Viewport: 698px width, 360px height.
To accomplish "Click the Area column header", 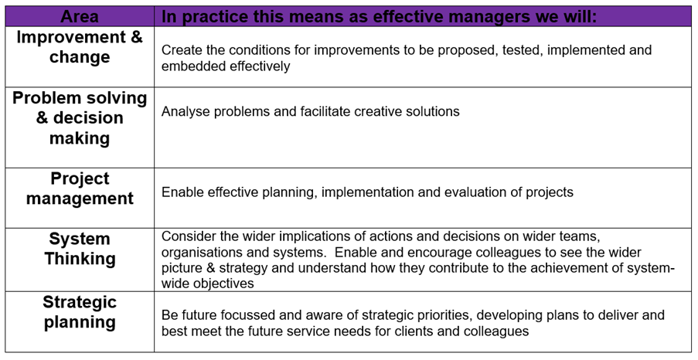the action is (x=80, y=16).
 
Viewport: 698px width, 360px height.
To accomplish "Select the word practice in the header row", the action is (x=215, y=17).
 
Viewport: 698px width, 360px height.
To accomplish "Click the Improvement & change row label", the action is (x=80, y=46).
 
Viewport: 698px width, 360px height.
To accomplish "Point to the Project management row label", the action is (x=80, y=188).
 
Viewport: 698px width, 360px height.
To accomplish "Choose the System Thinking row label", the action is (x=80, y=248).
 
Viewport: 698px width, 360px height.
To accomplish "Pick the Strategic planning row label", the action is (x=80, y=312).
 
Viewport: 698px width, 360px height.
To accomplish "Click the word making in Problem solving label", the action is (x=80, y=138).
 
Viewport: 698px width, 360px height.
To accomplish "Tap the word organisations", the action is (x=199, y=253).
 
